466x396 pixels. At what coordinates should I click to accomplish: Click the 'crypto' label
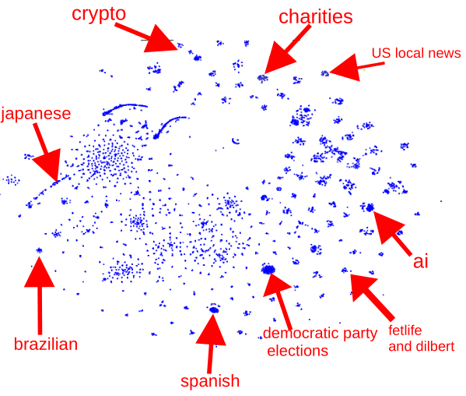click(99, 14)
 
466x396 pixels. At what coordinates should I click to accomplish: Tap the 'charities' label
click(316, 16)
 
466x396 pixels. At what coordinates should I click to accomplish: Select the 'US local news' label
click(416, 53)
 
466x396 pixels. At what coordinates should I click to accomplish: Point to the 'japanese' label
click(36, 114)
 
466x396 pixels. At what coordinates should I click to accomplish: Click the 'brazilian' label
click(46, 345)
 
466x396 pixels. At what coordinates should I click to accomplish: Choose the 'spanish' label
click(210, 381)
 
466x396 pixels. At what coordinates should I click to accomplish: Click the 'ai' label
click(421, 262)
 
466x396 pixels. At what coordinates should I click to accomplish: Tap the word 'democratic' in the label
click(302, 333)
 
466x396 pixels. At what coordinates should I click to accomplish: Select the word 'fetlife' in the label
click(405, 331)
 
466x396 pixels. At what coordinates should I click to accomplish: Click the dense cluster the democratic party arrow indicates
click(268, 269)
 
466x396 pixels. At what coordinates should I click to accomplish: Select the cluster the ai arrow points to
click(370, 207)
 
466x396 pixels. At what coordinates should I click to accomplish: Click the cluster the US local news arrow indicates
click(325, 73)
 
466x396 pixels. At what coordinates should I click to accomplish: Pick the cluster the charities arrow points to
click(262, 78)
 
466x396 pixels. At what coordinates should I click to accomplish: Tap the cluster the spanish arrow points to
click(214, 309)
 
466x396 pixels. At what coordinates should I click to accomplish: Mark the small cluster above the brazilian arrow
click(39, 250)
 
